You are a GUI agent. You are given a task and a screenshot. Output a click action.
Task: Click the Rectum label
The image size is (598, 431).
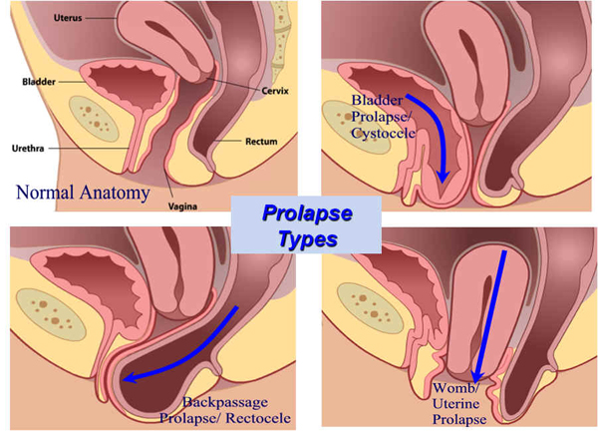261,142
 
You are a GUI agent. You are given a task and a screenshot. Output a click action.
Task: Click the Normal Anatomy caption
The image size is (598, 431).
83,191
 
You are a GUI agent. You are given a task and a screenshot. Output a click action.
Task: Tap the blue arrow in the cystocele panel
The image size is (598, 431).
431,140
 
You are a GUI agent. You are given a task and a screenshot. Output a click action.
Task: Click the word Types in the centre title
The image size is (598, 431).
308,239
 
